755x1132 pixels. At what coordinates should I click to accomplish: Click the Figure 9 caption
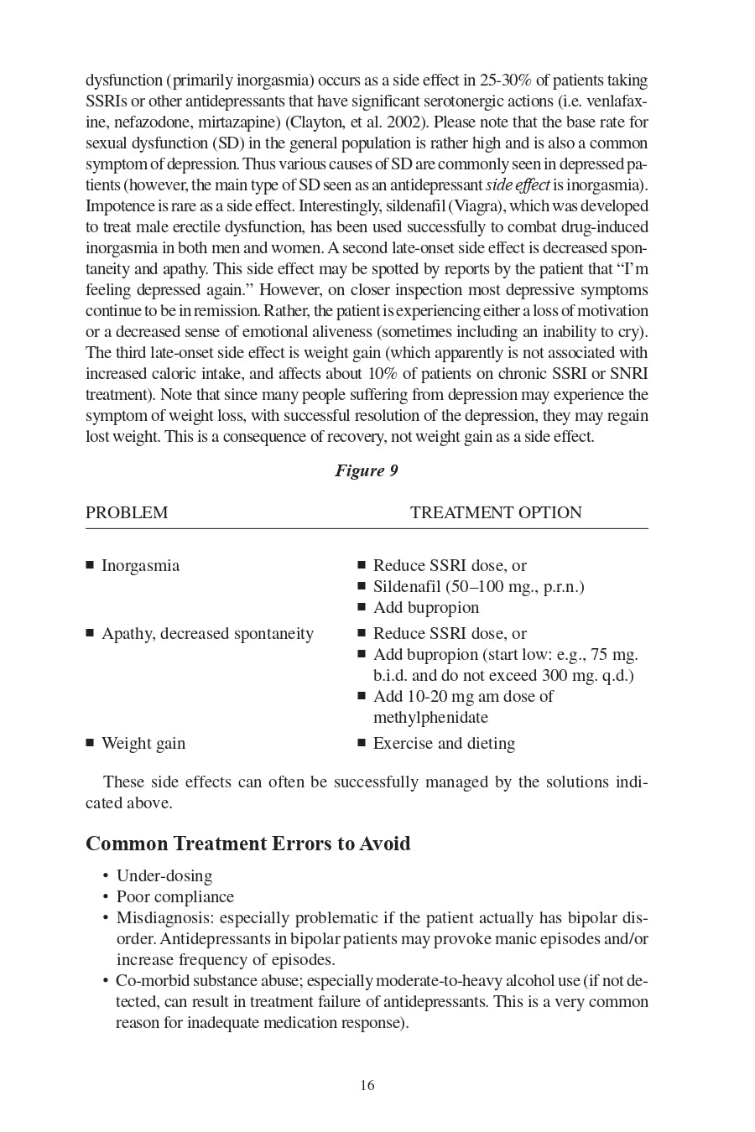click(x=367, y=470)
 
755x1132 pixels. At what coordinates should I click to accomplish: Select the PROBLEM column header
click(x=127, y=512)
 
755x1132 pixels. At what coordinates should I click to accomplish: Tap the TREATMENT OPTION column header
click(x=496, y=512)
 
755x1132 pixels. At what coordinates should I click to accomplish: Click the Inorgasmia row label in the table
click(x=140, y=565)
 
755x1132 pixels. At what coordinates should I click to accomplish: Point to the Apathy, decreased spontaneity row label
click(x=207, y=633)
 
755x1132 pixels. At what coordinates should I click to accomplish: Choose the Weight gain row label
click(x=143, y=743)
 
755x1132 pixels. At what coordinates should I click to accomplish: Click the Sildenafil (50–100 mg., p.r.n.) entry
click(x=478, y=586)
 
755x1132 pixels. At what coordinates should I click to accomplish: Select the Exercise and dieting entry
click(x=444, y=743)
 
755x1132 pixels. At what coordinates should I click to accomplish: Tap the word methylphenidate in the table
click(x=430, y=717)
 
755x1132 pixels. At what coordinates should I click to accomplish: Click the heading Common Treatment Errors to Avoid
click(x=248, y=843)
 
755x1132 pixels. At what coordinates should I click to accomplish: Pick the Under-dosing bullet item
click(x=164, y=875)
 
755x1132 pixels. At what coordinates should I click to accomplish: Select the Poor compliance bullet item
click(x=175, y=896)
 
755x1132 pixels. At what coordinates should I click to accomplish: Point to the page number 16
click(x=367, y=1085)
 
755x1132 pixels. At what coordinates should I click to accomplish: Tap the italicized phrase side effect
click(x=518, y=184)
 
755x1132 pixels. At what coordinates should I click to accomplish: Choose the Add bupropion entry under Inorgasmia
click(x=426, y=607)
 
